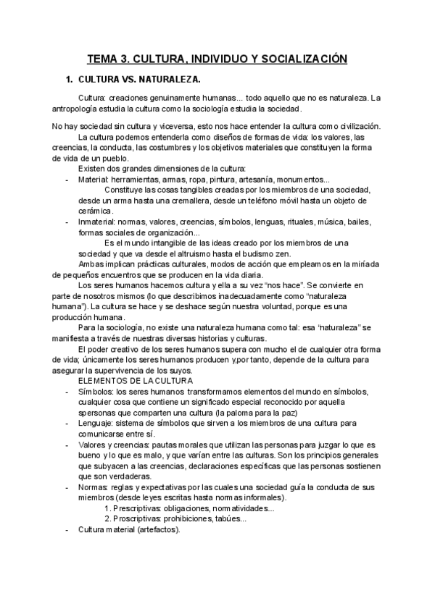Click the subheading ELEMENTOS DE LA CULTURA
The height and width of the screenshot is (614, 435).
tap(135, 381)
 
